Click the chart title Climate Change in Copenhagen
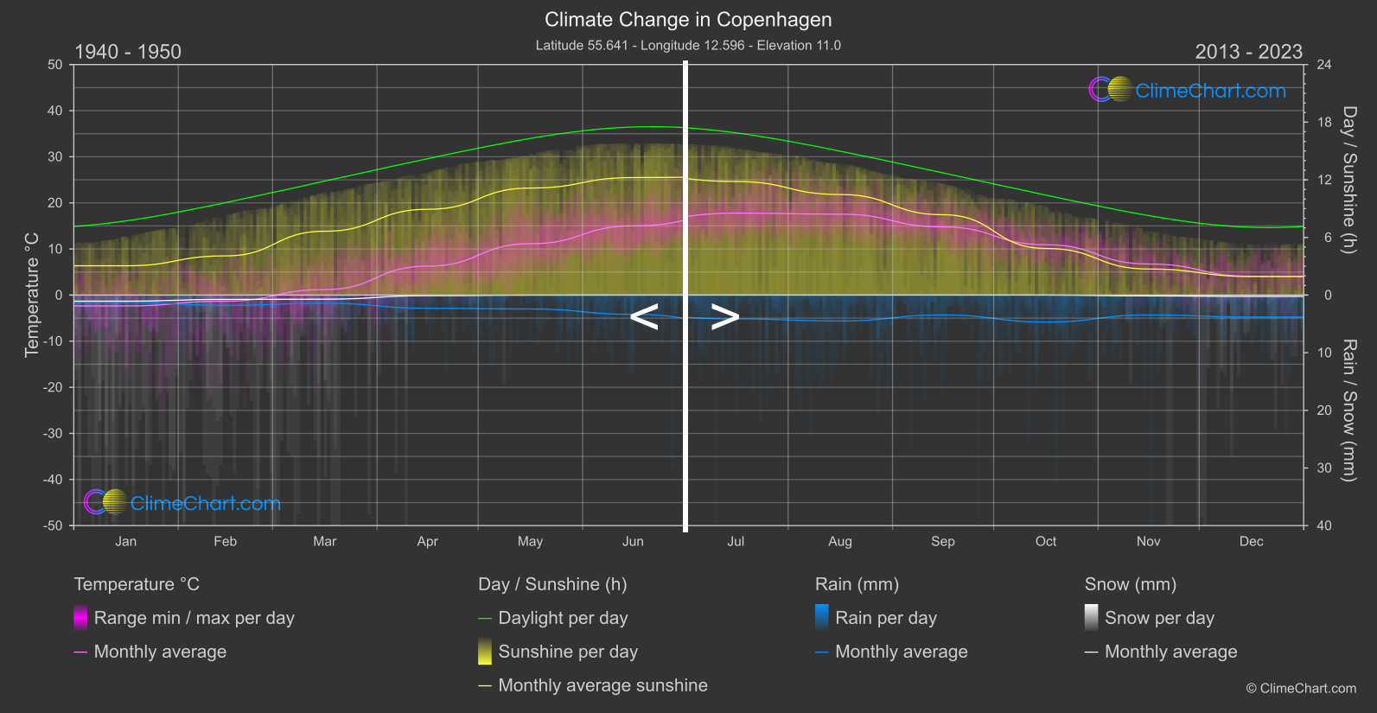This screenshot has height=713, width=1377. point(688,20)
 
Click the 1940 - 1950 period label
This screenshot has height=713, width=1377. point(128,52)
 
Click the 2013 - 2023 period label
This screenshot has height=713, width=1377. point(1248,52)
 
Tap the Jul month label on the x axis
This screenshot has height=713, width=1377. point(736,542)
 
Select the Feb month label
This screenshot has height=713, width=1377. point(225,542)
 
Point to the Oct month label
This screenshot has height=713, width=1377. point(1046,542)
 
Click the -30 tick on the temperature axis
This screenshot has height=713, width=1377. point(54,434)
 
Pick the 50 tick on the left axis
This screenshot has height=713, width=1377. point(55,65)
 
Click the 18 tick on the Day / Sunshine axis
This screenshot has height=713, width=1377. point(1324,123)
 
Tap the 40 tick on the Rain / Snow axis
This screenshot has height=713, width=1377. point(1324,525)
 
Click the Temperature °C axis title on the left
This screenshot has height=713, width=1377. point(32,295)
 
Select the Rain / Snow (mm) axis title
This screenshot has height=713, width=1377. point(1349,410)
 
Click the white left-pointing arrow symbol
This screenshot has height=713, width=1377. point(645,316)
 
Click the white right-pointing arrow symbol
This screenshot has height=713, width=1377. point(724,316)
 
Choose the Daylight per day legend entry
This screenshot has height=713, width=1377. point(563,618)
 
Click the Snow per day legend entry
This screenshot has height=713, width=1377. point(1159,618)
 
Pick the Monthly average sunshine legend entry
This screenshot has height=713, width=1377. point(602,685)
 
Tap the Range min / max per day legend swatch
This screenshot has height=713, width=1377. point(80,618)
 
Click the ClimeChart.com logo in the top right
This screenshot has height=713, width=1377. point(1188,90)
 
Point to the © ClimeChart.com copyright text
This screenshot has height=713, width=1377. point(1301,689)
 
